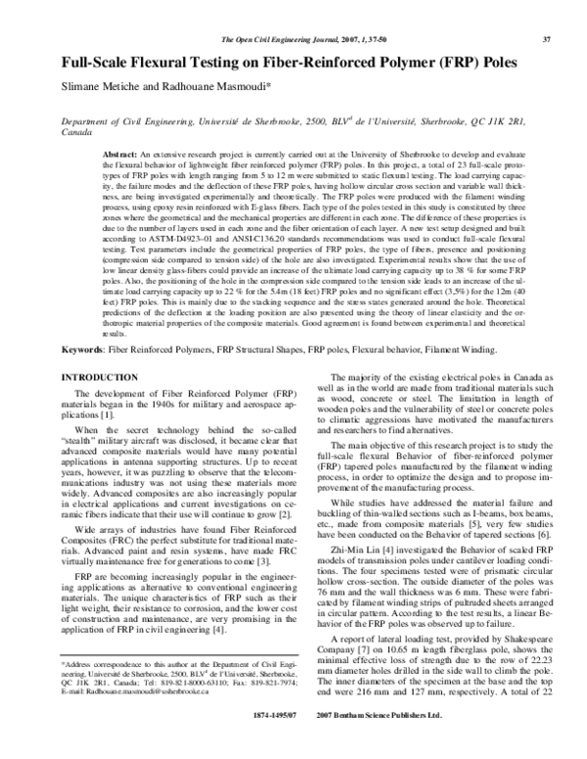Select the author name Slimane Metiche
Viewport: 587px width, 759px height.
click(x=102, y=84)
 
